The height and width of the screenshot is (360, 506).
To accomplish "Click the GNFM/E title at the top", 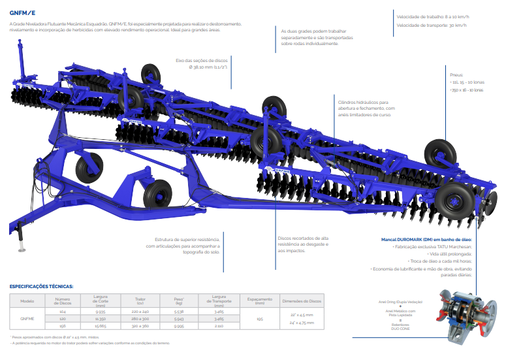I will click(x=22, y=13).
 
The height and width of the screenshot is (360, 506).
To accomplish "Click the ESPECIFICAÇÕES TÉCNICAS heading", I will click(x=42, y=286).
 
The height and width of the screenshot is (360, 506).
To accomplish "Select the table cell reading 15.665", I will click(x=100, y=325).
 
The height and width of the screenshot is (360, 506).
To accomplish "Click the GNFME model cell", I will click(x=27, y=319).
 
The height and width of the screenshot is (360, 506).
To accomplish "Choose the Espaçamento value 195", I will click(x=260, y=319).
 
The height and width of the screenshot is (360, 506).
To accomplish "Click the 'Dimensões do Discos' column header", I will click(x=301, y=301).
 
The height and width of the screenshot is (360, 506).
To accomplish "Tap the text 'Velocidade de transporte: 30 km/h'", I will click(x=432, y=25).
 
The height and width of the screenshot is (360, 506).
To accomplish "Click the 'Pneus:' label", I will click(x=456, y=74).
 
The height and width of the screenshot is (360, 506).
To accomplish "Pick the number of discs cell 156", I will click(x=62, y=325).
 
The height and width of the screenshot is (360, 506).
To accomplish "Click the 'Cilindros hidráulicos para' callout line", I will click(x=363, y=102).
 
